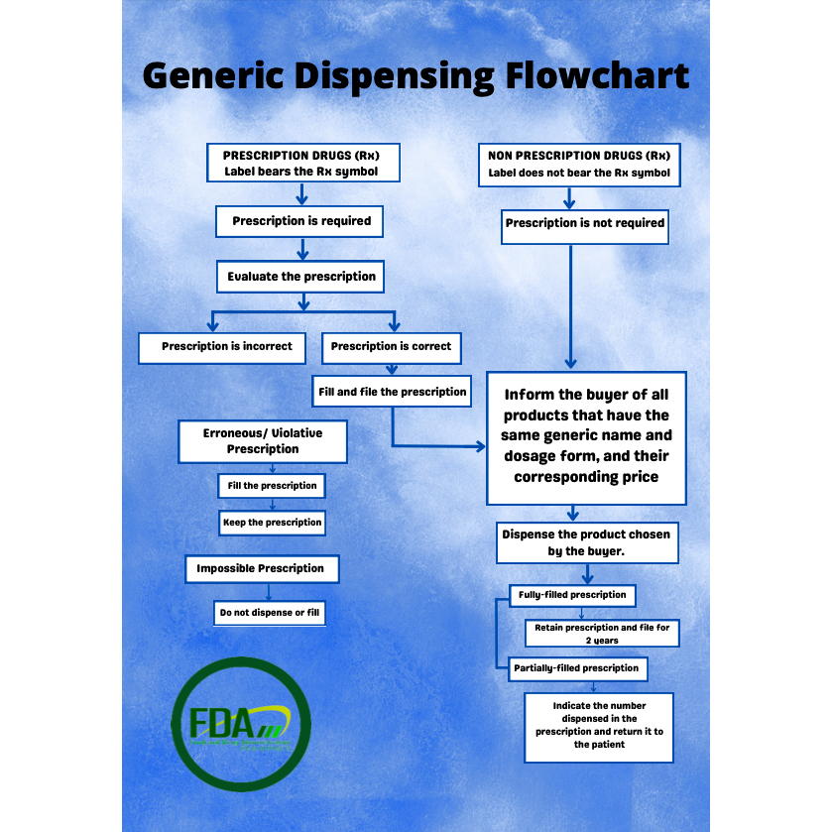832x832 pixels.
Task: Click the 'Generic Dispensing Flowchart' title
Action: tap(416, 75)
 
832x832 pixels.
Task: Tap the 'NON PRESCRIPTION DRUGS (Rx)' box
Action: tap(579, 165)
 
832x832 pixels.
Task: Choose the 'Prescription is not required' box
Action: tap(584, 224)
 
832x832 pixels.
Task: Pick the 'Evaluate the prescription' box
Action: tap(300, 277)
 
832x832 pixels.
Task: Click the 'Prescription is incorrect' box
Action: tap(227, 347)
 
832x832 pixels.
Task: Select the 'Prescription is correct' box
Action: tap(391, 347)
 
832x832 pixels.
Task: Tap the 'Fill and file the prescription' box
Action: tap(392, 392)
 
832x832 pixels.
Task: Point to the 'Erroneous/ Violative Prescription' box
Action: tap(263, 441)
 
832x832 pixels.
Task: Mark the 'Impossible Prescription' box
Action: tap(260, 568)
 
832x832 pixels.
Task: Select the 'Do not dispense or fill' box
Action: tap(270, 613)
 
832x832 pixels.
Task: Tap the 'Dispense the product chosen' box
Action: tap(586, 542)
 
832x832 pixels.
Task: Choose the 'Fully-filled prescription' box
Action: tap(572, 595)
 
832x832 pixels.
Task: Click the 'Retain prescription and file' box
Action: tap(603, 634)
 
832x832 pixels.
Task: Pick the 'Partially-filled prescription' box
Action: tap(576, 668)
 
